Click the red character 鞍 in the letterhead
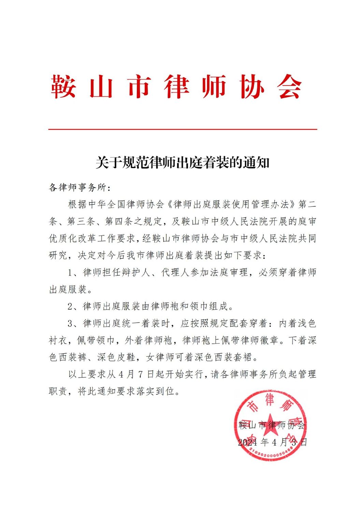(63, 87)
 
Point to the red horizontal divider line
(183, 129)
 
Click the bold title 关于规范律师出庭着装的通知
(183, 163)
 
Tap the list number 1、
(73, 273)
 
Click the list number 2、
(73, 306)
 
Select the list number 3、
(73, 323)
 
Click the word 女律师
(160, 357)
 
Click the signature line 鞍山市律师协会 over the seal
(272, 425)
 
